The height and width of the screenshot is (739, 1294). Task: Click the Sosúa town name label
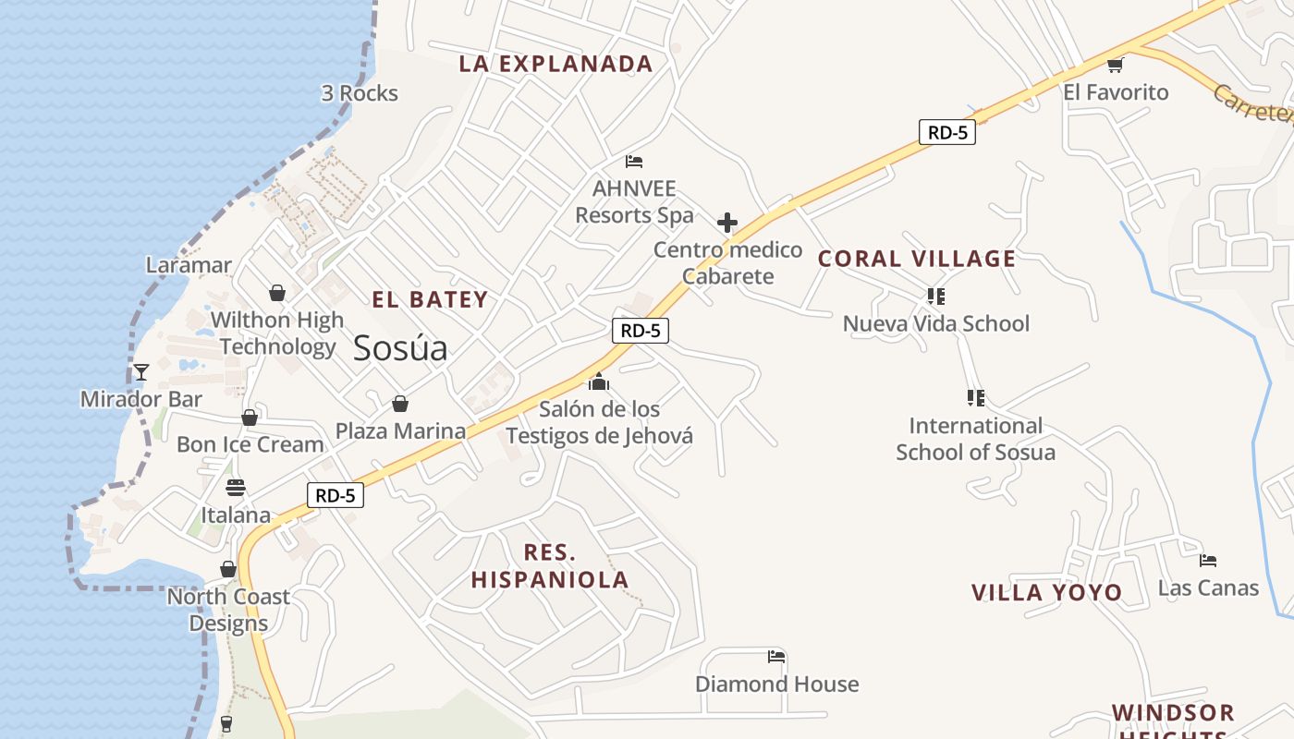[x=400, y=347]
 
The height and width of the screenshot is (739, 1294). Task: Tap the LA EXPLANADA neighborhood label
[x=556, y=64]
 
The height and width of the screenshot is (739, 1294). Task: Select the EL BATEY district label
[x=430, y=299]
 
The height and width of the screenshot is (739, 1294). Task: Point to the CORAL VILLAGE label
[x=917, y=259]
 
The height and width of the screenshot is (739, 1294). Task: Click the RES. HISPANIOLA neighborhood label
[x=550, y=566]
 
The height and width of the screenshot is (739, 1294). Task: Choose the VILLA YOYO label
[x=1046, y=592]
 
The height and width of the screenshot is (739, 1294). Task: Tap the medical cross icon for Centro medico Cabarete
[x=727, y=223]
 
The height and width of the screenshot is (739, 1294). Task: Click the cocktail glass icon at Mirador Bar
[x=141, y=372]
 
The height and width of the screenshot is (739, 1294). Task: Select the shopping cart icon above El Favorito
[x=1116, y=65]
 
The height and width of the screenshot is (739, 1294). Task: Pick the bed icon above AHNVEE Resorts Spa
[x=634, y=162]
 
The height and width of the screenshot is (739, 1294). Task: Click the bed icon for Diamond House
[x=776, y=657]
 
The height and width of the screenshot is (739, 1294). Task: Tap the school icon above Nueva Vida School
[x=936, y=297]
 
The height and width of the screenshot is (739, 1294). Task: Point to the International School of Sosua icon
[x=975, y=398]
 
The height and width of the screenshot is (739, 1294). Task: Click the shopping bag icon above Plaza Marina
[x=400, y=404]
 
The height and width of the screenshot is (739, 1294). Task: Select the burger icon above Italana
[x=236, y=488]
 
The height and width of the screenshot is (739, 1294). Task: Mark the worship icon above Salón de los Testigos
[x=599, y=381]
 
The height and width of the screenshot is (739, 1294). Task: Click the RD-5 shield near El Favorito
[x=947, y=132]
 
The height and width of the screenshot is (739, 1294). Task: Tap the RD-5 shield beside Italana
[x=336, y=495]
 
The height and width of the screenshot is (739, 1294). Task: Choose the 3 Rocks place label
[x=360, y=93]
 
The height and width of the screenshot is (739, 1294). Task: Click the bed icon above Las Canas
[x=1208, y=560]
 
